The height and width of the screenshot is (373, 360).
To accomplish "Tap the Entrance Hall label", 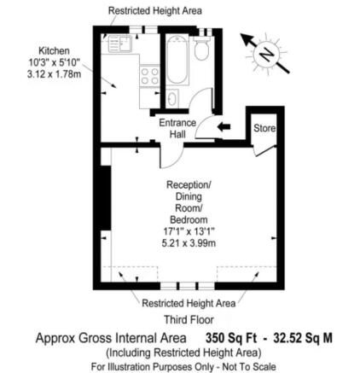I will [x=177, y=129].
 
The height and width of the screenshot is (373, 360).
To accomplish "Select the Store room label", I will [x=264, y=128].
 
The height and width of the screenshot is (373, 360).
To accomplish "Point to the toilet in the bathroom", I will [x=202, y=50].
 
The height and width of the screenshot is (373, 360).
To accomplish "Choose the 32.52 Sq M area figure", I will [x=303, y=338].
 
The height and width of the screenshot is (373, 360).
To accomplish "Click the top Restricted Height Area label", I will [x=155, y=10].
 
